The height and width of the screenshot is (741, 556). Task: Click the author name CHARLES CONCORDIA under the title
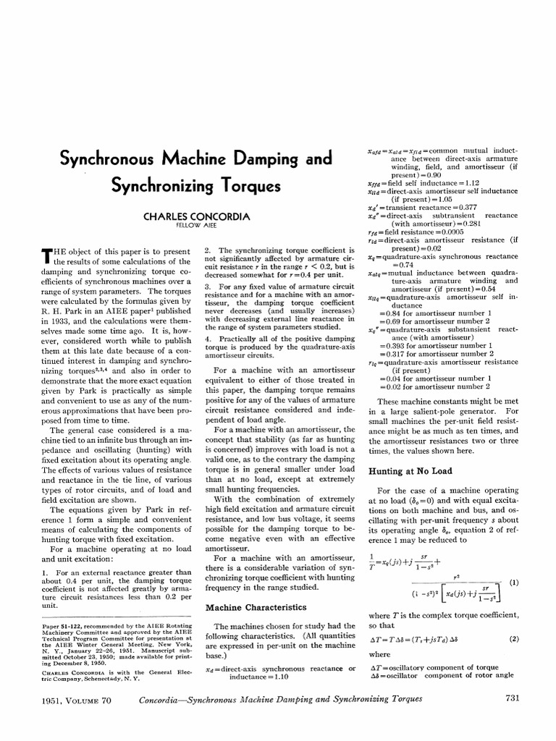coord(187,216)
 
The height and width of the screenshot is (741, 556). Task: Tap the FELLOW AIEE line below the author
coord(187,226)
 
